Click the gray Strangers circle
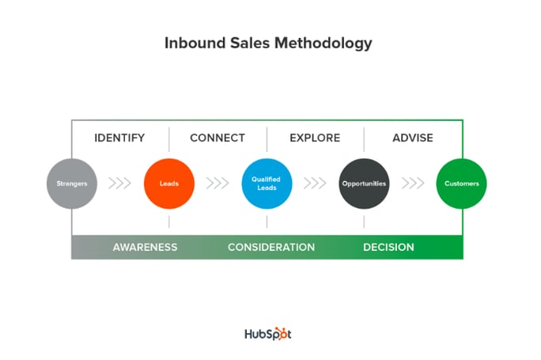tap(72, 184)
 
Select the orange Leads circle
tap(169, 184)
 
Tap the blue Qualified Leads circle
tap(267, 184)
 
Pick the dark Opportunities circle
tap(364, 184)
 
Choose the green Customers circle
tap(462, 184)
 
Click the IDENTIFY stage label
tap(119, 138)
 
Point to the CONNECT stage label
tap(218, 138)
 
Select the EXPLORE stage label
tap(315, 138)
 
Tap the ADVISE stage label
tap(413, 138)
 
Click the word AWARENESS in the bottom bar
tap(146, 247)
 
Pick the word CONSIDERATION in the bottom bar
tap(271, 247)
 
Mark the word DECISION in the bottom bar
tap(388, 247)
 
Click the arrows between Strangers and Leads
tap(119, 184)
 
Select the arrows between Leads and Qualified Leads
tap(218, 184)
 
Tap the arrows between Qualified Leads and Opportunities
tap(315, 184)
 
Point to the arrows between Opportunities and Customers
tap(413, 184)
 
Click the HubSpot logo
tap(268, 334)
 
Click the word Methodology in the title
tap(323, 44)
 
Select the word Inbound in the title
tap(195, 44)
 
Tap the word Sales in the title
tap(250, 44)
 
